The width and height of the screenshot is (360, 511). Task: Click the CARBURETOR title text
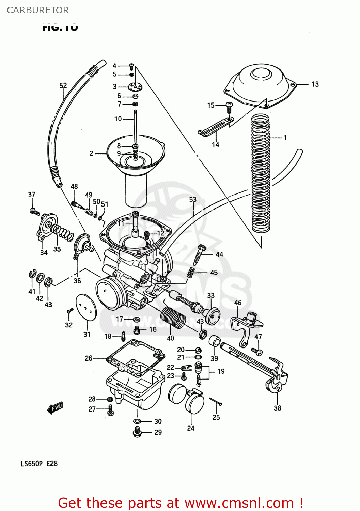click(x=38, y=10)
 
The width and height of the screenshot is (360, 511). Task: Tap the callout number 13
click(x=315, y=84)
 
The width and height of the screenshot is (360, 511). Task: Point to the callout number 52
click(x=63, y=86)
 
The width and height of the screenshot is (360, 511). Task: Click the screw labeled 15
click(x=229, y=107)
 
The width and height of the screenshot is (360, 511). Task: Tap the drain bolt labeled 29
click(x=137, y=433)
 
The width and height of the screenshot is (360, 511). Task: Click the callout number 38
click(x=278, y=408)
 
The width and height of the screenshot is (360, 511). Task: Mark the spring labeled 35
click(x=63, y=233)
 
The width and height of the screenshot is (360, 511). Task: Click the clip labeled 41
click(x=32, y=274)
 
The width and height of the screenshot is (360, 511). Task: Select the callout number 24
click(x=191, y=428)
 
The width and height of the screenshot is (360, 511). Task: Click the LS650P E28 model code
click(x=39, y=464)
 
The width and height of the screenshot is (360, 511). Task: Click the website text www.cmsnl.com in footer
click(x=239, y=503)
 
